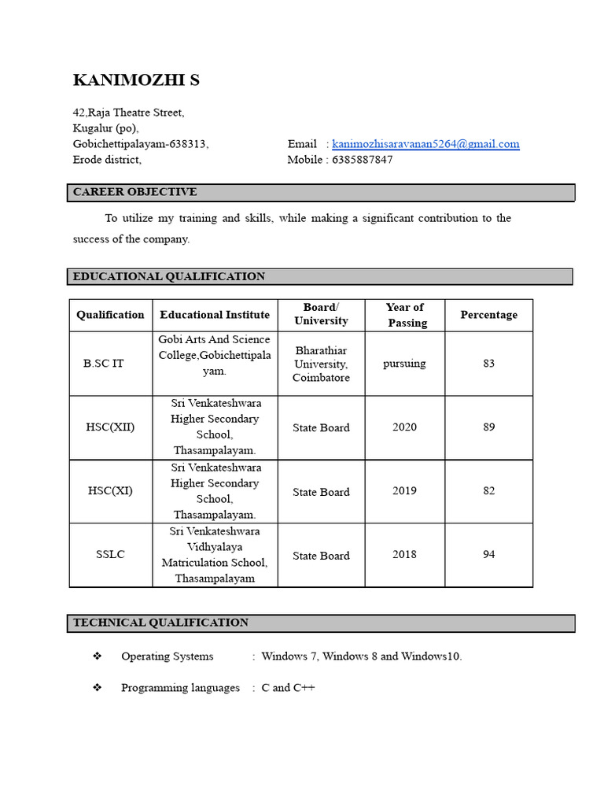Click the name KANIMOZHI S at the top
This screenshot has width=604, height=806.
tap(136, 80)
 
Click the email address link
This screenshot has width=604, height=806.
tap(425, 144)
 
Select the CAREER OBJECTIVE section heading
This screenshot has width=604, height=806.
tap(135, 192)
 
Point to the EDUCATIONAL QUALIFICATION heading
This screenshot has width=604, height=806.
tap(169, 276)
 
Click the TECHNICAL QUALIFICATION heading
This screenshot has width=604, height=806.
tap(160, 623)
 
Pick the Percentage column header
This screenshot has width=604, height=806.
tap(488, 315)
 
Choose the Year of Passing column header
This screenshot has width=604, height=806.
tap(405, 315)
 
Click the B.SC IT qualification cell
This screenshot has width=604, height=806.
tap(104, 364)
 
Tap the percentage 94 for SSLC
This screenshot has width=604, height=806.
tap(488, 554)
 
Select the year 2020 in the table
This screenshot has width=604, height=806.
tap(404, 427)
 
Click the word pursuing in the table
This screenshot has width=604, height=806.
tap(404, 364)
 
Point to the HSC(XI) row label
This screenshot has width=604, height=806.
tap(110, 490)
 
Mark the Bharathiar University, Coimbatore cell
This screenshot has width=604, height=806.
tap(321, 364)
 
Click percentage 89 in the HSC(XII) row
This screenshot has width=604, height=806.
tap(488, 427)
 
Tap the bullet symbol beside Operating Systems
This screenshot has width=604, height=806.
tap(98, 656)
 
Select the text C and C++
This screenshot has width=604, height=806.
tap(288, 688)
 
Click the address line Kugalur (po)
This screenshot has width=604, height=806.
tap(105, 128)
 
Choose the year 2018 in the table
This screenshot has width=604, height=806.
tap(404, 554)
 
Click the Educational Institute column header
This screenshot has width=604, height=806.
tap(215, 315)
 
